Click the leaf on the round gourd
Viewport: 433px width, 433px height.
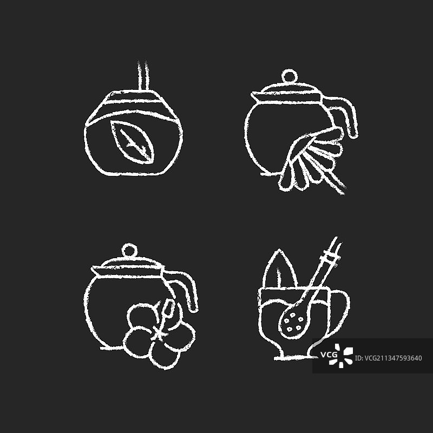[133, 142]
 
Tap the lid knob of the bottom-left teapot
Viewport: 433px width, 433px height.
[129, 250]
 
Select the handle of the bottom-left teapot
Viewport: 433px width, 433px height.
[185, 288]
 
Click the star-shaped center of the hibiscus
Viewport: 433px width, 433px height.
[158, 332]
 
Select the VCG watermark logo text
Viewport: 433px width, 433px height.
[329, 355]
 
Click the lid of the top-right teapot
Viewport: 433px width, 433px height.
[287, 91]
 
